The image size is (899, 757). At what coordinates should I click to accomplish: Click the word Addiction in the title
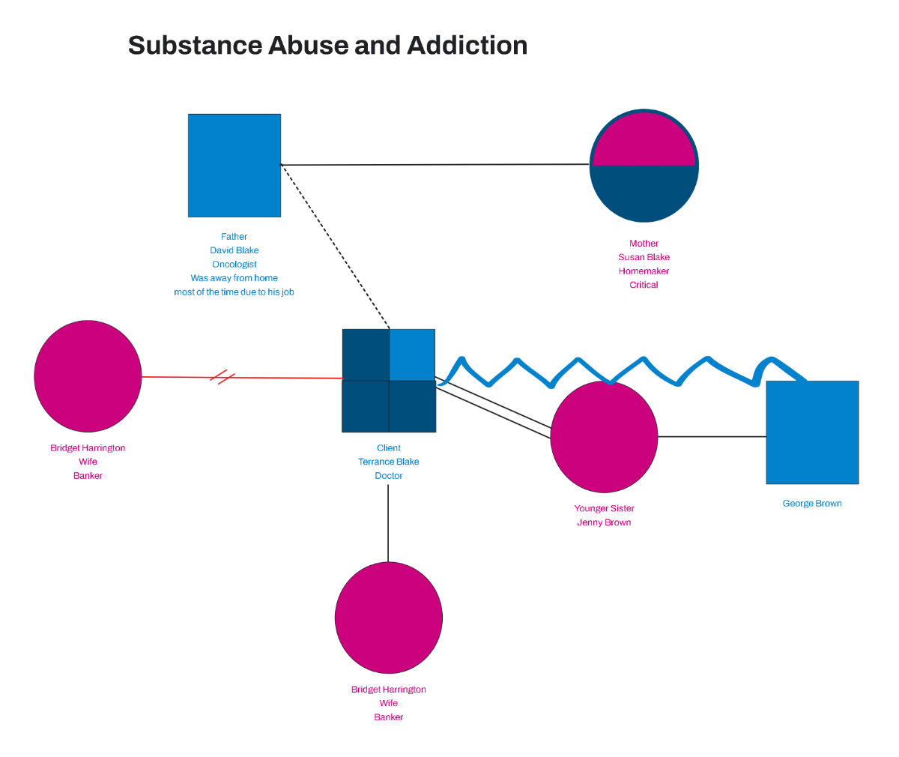point(467,46)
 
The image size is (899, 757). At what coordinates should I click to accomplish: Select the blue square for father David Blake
point(234,166)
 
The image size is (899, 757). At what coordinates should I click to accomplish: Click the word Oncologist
point(234,265)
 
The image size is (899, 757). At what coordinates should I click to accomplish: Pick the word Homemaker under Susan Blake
point(644,271)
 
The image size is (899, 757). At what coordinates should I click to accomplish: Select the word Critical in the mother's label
point(644,285)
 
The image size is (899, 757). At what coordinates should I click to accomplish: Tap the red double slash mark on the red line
point(223,377)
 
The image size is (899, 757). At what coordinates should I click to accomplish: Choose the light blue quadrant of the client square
point(412,355)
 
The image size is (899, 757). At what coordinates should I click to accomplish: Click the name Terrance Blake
point(388,462)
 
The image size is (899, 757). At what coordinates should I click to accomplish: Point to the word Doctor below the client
point(388,476)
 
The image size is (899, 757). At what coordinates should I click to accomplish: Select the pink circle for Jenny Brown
point(604,437)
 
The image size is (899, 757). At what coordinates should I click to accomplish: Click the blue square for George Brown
point(812,432)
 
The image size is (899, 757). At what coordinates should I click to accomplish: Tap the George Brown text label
point(812,504)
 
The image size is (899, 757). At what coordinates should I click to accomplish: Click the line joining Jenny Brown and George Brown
point(712,436)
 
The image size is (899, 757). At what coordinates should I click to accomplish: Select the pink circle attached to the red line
point(88,376)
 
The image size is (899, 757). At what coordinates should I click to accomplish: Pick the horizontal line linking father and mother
point(435,165)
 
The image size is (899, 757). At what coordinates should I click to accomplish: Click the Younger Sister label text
point(604,509)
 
